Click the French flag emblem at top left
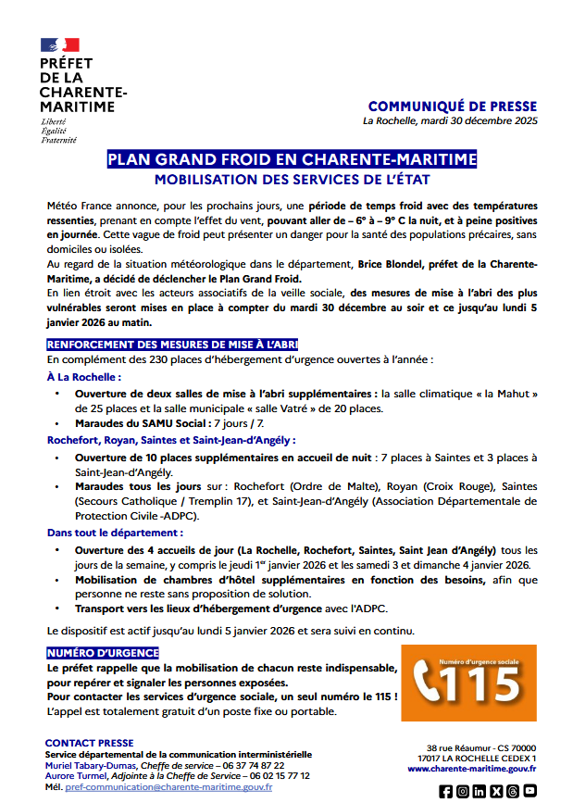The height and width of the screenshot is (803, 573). (59, 44)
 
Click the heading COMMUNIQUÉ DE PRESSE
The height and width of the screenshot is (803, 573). (452, 107)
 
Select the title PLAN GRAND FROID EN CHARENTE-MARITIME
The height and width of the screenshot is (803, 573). (292, 159)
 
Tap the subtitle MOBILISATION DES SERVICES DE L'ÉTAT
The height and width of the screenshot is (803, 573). (292, 179)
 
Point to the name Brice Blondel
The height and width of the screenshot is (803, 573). (390, 264)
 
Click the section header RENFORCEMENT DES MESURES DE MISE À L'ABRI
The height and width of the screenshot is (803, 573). (172, 344)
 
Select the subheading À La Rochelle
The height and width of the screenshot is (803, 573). (84, 377)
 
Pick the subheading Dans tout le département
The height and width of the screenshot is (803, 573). (115, 533)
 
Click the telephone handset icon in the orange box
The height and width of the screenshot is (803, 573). (428, 684)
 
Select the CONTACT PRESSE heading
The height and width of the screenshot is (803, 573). (89, 743)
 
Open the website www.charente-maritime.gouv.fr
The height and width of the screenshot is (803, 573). (471, 769)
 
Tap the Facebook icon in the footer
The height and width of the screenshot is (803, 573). (446, 791)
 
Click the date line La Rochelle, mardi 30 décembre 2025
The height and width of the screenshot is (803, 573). (450, 121)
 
